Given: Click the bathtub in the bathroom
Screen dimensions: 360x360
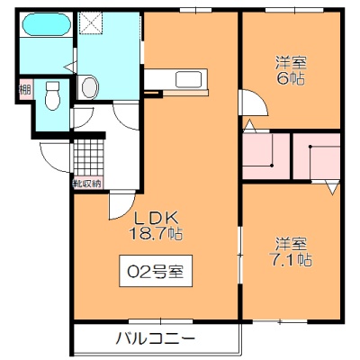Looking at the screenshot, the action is pos(47,24).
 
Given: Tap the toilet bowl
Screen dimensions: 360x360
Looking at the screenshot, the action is pos(53,96).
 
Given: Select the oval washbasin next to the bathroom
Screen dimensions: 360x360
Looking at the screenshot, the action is pos(90,87).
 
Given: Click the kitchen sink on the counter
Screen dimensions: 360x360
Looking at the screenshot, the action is pos(189,79).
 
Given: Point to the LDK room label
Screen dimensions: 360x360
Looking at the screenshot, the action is pos(157,218).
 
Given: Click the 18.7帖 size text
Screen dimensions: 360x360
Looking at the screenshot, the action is pos(156,233).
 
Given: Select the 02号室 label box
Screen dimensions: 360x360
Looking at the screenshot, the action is pos(156,271).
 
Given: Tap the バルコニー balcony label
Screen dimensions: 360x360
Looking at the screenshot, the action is pos(156,339).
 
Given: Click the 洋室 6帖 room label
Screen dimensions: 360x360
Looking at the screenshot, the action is pos(291,71).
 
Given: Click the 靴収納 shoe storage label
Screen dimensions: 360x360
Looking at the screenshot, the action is pos(87,184).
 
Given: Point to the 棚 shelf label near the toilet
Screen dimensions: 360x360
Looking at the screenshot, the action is pos(25,89).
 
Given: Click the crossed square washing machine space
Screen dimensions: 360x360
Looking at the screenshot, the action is pos(91,23).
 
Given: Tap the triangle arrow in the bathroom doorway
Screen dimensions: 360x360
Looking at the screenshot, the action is pos(72,67).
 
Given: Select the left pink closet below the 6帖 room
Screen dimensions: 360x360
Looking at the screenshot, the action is pos(265,156).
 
